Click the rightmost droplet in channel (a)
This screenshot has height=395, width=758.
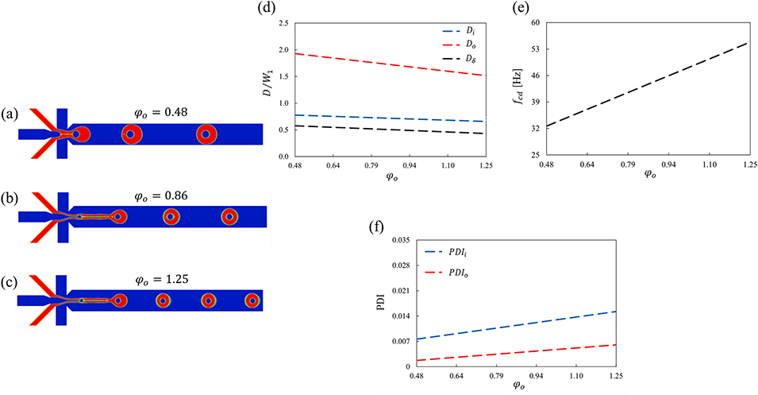tap(206, 134)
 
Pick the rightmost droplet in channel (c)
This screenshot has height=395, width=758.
tap(252, 300)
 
